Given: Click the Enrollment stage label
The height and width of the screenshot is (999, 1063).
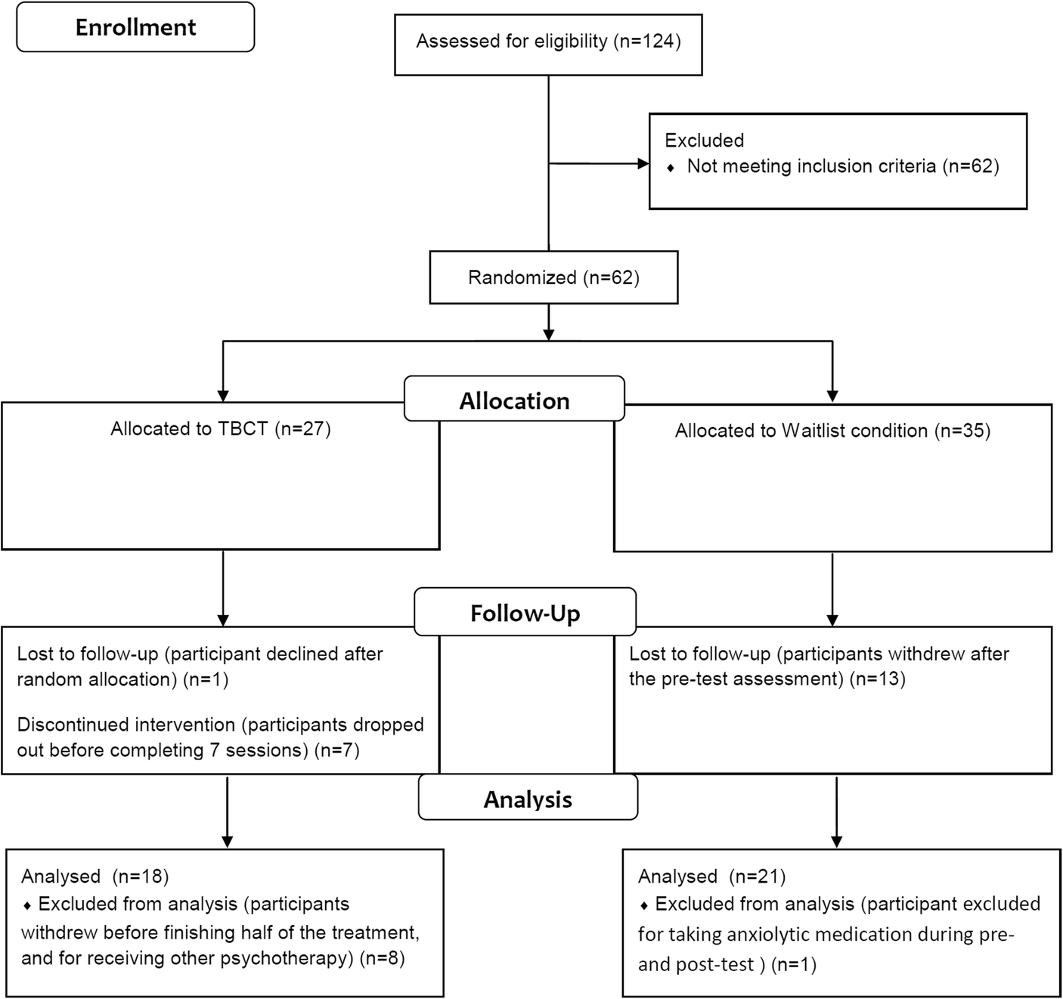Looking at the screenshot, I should (135, 27).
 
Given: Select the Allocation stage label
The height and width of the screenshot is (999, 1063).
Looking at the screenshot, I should (514, 401).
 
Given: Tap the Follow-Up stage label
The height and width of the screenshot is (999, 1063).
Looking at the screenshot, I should (525, 613).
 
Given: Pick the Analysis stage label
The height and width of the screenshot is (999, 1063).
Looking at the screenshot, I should (528, 799).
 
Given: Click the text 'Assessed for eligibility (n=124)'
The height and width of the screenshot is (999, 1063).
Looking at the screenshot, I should (548, 41).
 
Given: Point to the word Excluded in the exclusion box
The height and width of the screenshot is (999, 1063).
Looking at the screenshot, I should (704, 141).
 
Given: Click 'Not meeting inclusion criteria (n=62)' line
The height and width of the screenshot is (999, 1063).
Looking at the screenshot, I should (842, 166).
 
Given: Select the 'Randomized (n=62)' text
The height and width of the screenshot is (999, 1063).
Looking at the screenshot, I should (553, 277).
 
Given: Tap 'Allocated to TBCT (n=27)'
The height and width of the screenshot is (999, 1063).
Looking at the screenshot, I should (221, 428).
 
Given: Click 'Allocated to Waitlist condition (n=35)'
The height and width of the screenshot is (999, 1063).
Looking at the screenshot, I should (832, 431).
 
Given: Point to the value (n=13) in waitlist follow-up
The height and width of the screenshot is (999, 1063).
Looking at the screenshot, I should (877, 679).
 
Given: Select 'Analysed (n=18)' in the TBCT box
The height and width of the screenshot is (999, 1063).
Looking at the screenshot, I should (95, 876).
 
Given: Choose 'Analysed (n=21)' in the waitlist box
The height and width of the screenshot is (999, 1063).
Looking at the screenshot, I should (711, 876).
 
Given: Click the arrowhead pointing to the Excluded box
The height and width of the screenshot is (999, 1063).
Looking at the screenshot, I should (643, 163).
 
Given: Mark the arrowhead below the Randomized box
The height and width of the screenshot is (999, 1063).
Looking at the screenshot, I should (549, 334).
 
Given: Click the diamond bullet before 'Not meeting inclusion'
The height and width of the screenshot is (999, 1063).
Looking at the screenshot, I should (671, 168).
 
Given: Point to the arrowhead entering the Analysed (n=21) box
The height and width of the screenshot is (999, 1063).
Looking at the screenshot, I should (836, 842).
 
